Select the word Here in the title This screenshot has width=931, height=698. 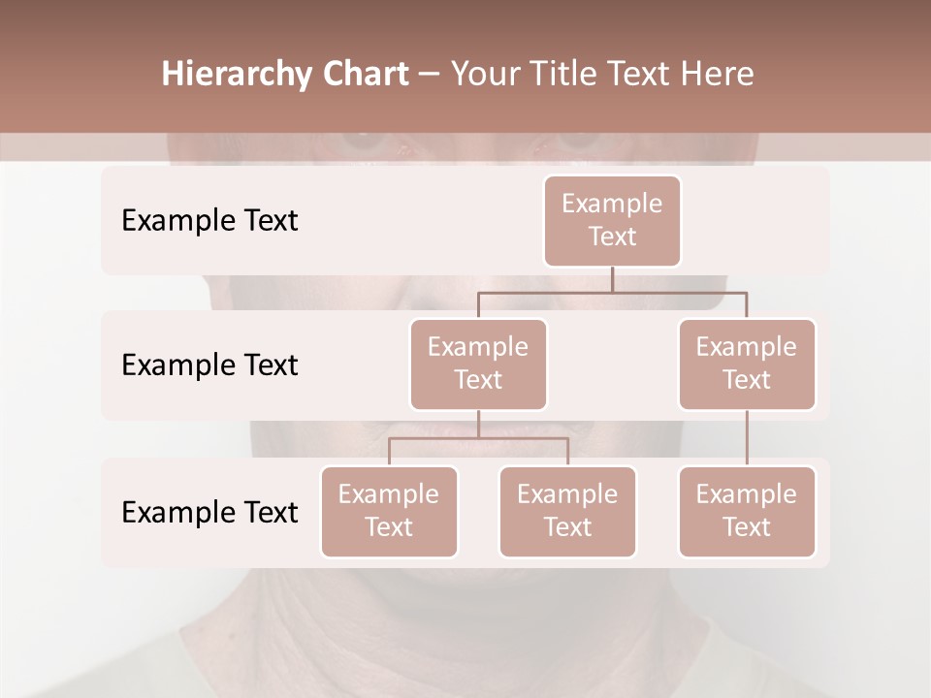point(718,74)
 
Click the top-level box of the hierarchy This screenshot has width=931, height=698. point(612,220)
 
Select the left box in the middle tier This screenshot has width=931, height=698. point(478,364)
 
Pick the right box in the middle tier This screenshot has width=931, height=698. point(747,364)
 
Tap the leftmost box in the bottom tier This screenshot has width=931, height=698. point(389,511)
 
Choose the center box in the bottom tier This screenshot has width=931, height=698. point(567,511)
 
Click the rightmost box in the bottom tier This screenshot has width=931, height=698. point(747,511)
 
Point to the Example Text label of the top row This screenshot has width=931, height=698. point(209,220)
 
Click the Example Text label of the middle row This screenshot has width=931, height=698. point(209,365)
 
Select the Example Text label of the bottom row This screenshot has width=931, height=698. point(209,512)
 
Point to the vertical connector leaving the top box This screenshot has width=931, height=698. point(612,279)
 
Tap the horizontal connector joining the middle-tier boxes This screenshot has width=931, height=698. point(612,292)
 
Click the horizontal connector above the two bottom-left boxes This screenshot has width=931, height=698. point(478,438)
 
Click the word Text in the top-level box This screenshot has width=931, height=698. point(612,237)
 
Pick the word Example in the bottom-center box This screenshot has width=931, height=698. point(567,494)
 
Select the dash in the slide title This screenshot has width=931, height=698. point(430,75)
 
